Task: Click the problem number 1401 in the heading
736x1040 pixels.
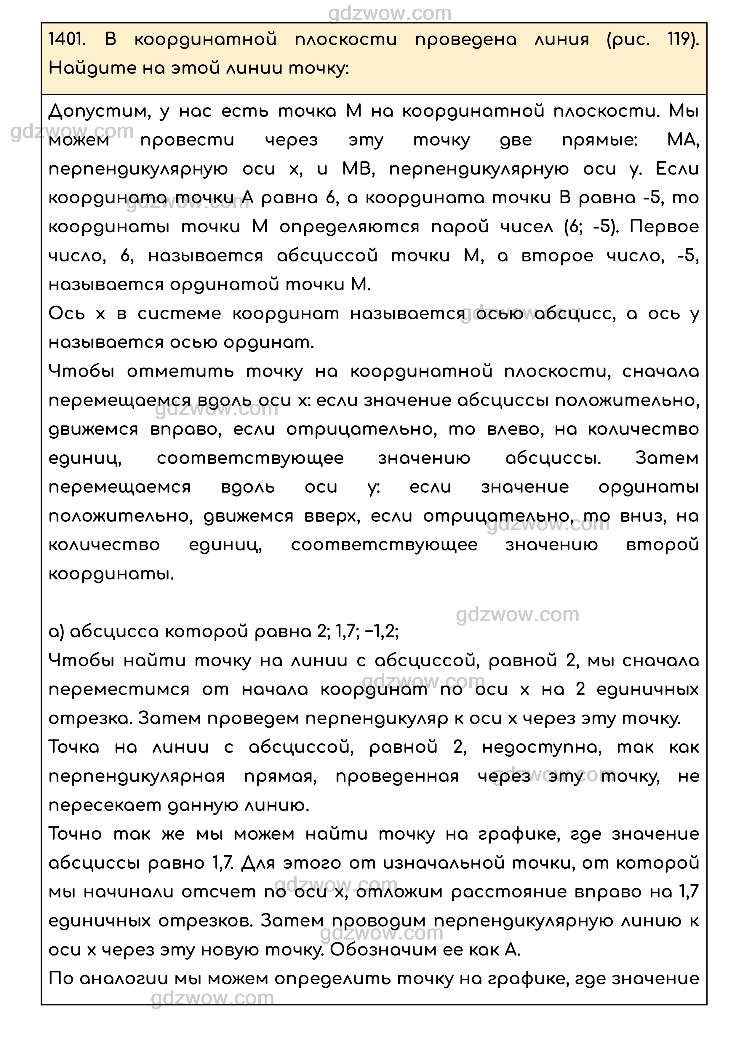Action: click(x=66, y=40)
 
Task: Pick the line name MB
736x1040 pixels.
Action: click(x=358, y=170)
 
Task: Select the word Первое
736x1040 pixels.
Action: click(x=664, y=227)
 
